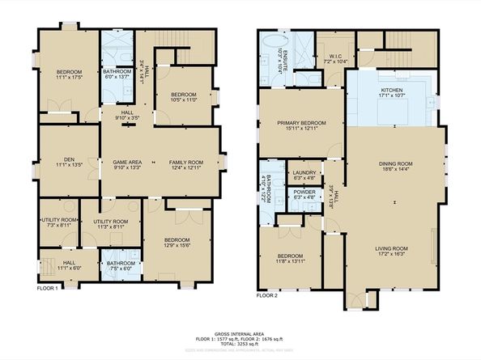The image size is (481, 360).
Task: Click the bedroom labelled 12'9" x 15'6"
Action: (177, 243)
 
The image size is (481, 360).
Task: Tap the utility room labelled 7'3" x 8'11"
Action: (59, 222)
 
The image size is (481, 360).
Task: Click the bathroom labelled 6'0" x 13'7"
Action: (116, 75)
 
